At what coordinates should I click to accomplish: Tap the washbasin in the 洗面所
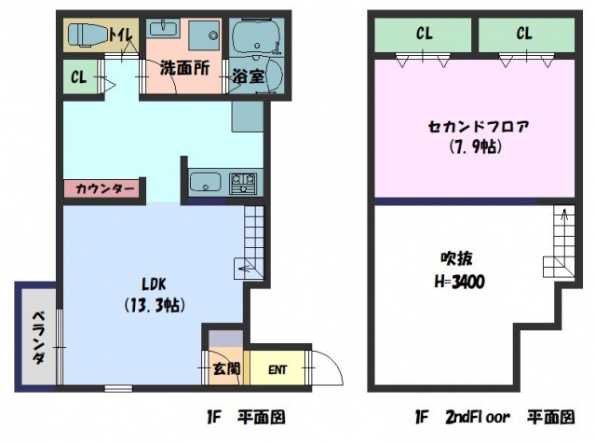click(163, 29)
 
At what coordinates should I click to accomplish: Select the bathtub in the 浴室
click(256, 37)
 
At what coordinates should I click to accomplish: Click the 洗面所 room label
click(184, 68)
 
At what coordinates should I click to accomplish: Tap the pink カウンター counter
click(104, 188)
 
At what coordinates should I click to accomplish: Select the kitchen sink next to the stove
click(205, 183)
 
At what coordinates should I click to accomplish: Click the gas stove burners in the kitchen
click(243, 183)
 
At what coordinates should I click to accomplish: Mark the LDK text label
click(154, 284)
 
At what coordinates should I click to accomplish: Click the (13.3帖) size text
click(155, 305)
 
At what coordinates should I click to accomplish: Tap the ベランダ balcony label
click(38, 338)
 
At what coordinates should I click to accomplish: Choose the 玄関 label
click(226, 368)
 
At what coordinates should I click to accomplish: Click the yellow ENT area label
click(277, 369)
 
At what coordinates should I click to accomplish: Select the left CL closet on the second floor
click(423, 35)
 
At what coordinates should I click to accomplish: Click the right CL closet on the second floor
click(526, 35)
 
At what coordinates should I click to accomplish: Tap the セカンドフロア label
click(478, 126)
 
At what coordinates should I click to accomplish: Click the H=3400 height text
click(460, 282)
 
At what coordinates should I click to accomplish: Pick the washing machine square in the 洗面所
click(204, 35)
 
